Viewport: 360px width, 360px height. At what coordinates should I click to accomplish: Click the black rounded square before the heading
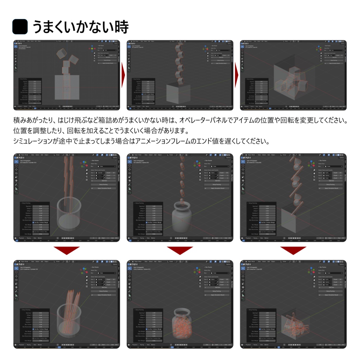click(20, 27)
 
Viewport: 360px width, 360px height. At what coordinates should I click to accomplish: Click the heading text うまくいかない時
click(81, 27)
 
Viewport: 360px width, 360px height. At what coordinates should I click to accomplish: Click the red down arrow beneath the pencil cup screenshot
click(67, 250)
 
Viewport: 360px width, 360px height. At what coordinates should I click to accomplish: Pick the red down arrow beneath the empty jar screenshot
click(180, 250)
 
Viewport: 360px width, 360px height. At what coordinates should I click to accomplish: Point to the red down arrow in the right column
click(293, 250)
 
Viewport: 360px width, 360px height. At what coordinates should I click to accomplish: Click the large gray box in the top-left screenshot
click(67, 87)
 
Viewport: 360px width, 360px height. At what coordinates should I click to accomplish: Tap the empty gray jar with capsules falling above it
click(182, 216)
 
